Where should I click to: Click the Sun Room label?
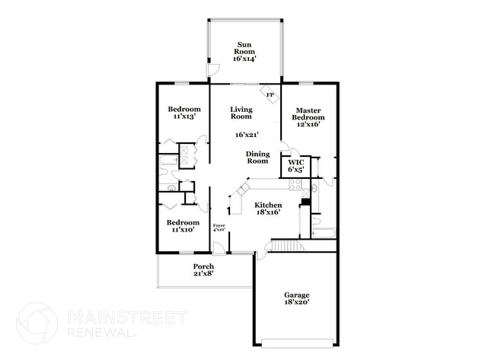(x=244, y=51)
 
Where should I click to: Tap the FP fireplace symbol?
(x=270, y=94)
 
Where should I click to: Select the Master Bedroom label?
(x=309, y=117)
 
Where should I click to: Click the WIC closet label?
(x=295, y=165)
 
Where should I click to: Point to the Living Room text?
(x=241, y=113)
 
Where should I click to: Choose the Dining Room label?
(x=257, y=158)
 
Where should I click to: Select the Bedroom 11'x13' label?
(x=184, y=113)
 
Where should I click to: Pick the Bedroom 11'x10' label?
(x=184, y=226)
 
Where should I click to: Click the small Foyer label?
(x=219, y=228)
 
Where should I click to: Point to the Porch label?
(x=203, y=269)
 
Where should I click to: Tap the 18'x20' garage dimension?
(x=297, y=302)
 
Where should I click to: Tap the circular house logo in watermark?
(x=37, y=323)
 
